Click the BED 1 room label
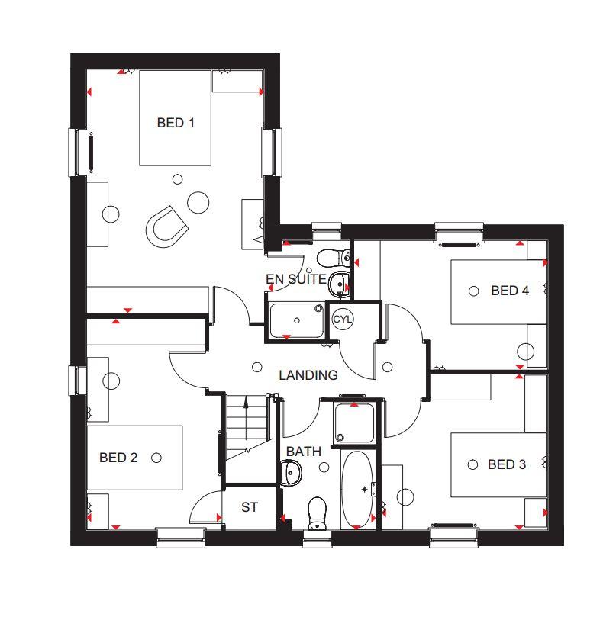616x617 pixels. pos(176,123)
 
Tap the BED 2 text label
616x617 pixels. pos(118,458)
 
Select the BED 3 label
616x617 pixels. pos(507,464)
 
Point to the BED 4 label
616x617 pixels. pos(510,291)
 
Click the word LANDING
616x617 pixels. pos(308,375)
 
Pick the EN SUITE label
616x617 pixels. pos(296,279)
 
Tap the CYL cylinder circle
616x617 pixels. pos(342,319)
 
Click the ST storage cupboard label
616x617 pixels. pos(250,507)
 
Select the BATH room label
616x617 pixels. pos(303,452)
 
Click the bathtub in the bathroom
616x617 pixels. pos(356,490)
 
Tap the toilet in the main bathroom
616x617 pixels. pos(317,513)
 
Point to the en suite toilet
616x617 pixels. pos(334,258)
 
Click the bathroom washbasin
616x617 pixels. pos(291,473)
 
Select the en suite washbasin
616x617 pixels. pos(338,282)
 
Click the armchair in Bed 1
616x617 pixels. pos(166,227)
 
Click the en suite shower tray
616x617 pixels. pos(297,320)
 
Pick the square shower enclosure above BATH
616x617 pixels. pos(353,423)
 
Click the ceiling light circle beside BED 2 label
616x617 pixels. pos(156,458)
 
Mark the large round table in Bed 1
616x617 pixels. pos(198,202)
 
